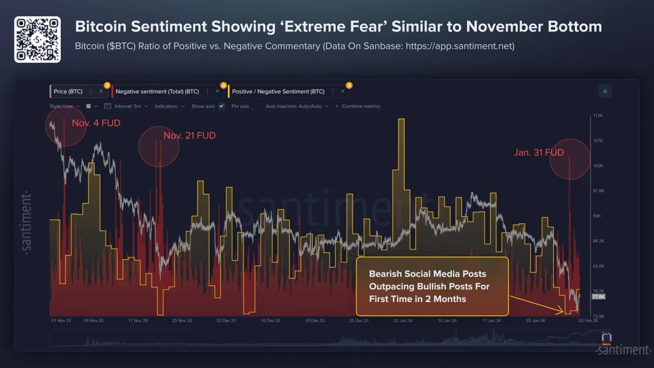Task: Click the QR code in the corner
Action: coord(37,39)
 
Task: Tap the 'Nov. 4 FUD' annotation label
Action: coord(96,123)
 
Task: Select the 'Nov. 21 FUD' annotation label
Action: coord(190,135)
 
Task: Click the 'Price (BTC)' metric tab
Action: coord(68,91)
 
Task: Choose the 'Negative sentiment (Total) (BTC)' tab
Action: coord(157,91)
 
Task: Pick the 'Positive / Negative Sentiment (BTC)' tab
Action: coord(278,91)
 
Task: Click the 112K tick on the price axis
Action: coord(598,116)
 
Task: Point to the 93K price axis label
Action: coord(596,216)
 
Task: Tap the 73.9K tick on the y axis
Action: coord(598,316)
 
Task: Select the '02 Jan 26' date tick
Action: coord(403,320)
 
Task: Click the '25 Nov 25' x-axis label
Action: coord(182,320)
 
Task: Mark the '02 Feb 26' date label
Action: coord(587,320)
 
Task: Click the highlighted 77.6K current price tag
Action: coord(598,296)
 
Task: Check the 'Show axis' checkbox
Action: coord(221,106)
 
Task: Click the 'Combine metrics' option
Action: coord(360,106)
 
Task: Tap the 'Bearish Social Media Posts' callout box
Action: coord(432,286)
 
